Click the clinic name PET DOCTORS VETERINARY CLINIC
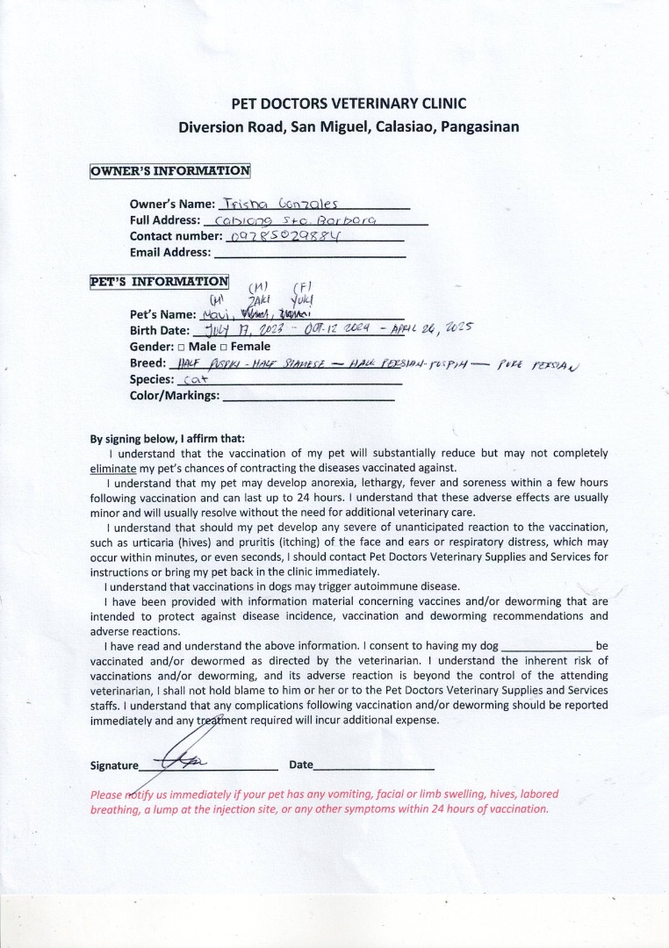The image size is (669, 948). coord(349,104)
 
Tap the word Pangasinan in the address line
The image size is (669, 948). coord(478,126)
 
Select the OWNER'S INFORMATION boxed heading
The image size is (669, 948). coord(170,171)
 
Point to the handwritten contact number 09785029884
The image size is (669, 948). coord(284,236)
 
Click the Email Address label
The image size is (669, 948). coord(170,253)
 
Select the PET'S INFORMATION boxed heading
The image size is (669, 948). coord(159,282)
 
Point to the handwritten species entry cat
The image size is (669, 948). coord(191,381)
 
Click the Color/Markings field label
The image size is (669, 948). coord(175,396)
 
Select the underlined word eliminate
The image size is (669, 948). coord(111,468)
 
